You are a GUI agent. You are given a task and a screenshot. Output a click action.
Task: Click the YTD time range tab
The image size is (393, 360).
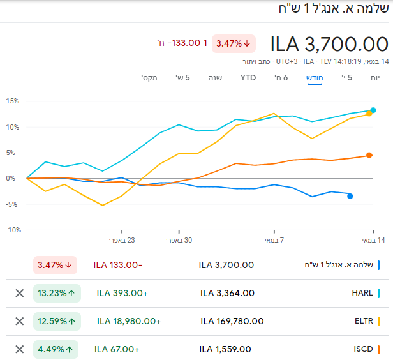click(248, 78)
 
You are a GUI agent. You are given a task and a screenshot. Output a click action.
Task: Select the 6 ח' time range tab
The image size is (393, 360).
click(281, 78)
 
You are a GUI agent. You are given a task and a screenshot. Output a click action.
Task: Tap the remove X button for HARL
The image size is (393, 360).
click(19, 293)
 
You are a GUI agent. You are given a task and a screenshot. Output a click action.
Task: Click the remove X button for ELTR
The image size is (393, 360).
click(19, 321)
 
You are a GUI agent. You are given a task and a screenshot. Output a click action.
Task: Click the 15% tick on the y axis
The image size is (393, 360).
click(12, 101)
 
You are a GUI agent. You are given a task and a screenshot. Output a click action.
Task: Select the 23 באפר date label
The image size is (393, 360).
click(122, 240)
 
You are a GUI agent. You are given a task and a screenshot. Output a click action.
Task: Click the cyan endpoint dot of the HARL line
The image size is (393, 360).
click(373, 110)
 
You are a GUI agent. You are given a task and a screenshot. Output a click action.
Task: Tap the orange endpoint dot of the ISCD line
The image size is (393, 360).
click(369, 155)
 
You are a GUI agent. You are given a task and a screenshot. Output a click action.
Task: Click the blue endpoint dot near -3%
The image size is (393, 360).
click(350, 196)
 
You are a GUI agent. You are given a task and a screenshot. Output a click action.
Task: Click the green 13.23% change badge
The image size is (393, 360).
click(57, 293)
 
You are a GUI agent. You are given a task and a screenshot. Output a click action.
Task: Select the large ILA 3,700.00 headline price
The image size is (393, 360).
click(329, 44)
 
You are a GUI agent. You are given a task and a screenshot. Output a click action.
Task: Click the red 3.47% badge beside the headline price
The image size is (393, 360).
click(234, 43)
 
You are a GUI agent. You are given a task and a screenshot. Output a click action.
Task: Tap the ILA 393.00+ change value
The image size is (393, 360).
click(122, 293)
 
